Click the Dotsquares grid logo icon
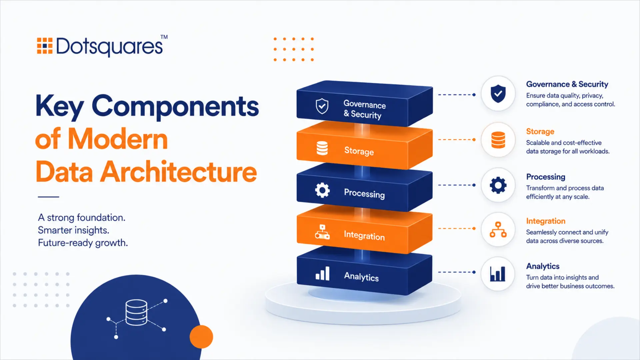[45, 46]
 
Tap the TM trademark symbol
[164, 37]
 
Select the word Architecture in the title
[179, 172]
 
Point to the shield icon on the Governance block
[322, 106]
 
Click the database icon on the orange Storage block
[322, 148]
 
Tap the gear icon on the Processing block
[322, 190]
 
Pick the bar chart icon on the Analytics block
[322, 273]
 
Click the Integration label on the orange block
[364, 235]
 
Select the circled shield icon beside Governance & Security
[498, 94]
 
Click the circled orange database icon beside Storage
[498, 140]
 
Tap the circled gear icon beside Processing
[498, 185]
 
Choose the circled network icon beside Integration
[498, 229]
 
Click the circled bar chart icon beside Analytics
[498, 274]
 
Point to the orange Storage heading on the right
[540, 132]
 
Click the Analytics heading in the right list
[543, 266]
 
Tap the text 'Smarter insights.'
[73, 230]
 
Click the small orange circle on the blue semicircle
[201, 337]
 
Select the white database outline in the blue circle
[136, 312]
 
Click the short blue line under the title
[48, 197]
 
